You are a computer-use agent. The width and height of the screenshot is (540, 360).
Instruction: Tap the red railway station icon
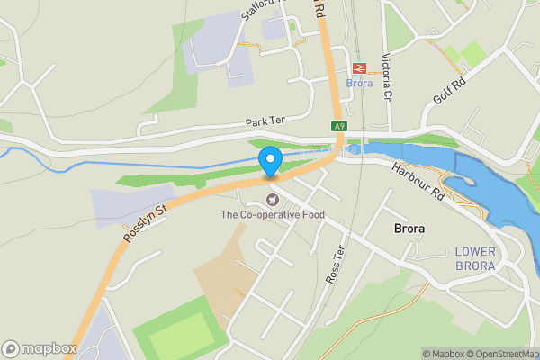358,68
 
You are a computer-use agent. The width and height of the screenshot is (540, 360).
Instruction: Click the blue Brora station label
358,84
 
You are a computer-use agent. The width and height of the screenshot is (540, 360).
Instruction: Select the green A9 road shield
338,127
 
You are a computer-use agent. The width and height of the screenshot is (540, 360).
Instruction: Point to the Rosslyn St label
146,224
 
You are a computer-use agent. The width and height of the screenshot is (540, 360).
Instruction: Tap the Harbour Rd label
418,183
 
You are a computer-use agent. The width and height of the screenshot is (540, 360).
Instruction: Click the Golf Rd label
447,93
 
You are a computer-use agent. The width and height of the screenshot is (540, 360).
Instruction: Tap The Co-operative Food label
273,215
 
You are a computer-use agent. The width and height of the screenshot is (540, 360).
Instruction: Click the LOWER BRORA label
475,258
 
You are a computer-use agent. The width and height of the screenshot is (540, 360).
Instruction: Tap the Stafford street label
260,10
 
